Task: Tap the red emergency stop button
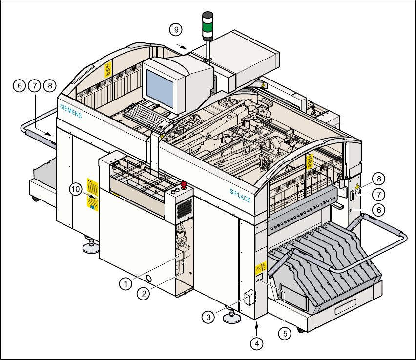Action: [x=184, y=185]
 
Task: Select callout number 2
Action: [x=143, y=293]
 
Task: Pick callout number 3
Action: [x=208, y=317]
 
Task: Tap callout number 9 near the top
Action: [x=177, y=29]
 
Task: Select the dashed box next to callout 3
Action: [x=250, y=297]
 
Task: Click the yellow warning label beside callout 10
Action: [x=92, y=194]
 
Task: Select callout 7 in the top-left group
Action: [x=34, y=85]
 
